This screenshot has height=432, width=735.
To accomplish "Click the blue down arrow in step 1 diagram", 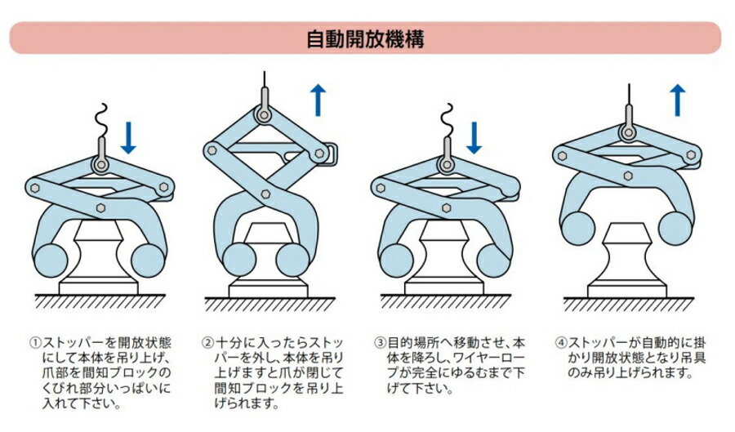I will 128,136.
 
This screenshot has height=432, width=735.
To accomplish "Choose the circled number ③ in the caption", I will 380,344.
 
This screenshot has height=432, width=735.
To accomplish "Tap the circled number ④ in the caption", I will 559,344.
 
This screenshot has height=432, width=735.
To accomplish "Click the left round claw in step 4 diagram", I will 577,227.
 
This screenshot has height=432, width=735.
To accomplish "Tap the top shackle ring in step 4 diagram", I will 628,131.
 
